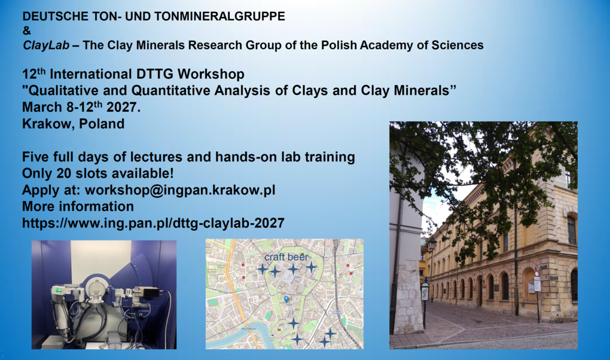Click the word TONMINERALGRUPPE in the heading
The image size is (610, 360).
(x=219, y=16)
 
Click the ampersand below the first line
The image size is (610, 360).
(x=26, y=30)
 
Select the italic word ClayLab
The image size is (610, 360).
(x=46, y=45)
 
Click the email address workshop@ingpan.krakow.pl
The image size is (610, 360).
(x=180, y=190)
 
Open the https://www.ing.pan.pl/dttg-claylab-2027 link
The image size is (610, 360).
(x=153, y=224)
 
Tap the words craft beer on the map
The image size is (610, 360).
(x=286, y=257)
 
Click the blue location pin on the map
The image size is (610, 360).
(x=286, y=299)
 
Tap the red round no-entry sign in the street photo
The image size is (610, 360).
(x=537, y=274)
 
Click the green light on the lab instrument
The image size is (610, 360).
(x=59, y=291)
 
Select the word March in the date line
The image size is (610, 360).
(x=42, y=107)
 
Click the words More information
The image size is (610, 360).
(x=78, y=206)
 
